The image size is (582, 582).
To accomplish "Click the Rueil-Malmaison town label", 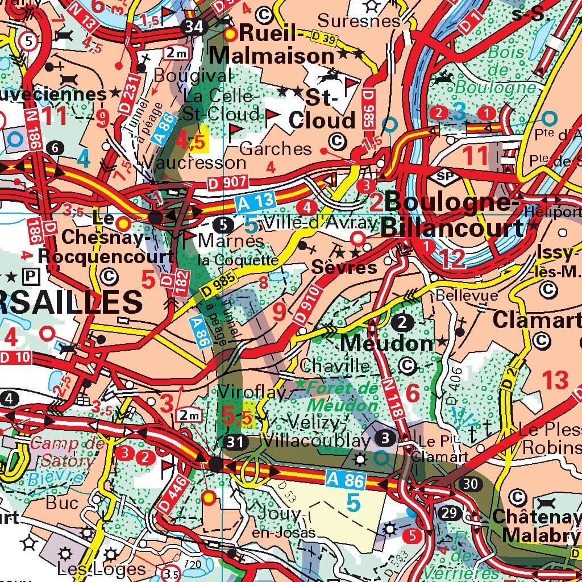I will click(273, 45).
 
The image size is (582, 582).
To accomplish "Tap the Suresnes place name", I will click(359, 21).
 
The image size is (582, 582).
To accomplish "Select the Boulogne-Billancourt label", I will click(451, 215).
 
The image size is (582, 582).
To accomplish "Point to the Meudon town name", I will click(388, 343).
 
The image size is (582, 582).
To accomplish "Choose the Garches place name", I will click(276, 149).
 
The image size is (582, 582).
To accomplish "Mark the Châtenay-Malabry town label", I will click(535, 526).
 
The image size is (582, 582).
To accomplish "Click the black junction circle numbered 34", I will click(194, 26).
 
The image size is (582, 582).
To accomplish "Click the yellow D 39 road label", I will click(321, 39).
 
